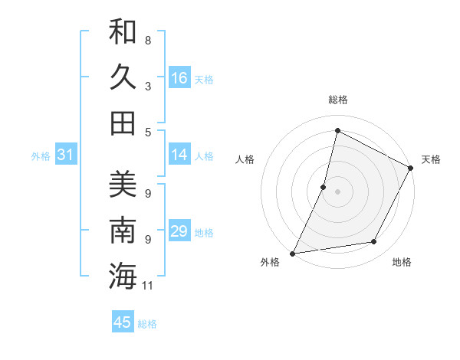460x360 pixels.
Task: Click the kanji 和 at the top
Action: click(x=123, y=33)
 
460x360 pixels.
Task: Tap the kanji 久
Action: click(x=123, y=77)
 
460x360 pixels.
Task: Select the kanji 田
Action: click(x=123, y=123)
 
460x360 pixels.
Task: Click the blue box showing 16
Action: click(x=179, y=78)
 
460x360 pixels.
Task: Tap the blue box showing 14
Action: click(x=179, y=155)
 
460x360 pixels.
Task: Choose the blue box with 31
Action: click(x=66, y=155)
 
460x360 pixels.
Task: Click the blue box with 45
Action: click(x=123, y=322)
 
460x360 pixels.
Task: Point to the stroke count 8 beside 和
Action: click(x=148, y=40)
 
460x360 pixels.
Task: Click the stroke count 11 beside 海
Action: click(x=148, y=286)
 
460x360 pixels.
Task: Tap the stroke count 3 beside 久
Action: click(x=148, y=87)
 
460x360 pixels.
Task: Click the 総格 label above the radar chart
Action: click(x=337, y=100)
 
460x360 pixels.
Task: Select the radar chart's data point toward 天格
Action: click(x=411, y=169)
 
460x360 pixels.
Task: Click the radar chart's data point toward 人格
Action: click(x=324, y=187)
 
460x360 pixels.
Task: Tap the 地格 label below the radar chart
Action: click(x=402, y=263)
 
